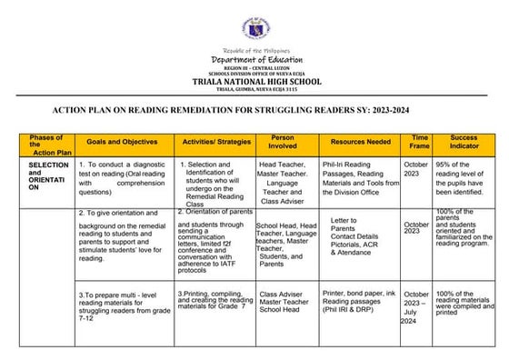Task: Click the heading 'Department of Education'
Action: pyautogui.click(x=255, y=59)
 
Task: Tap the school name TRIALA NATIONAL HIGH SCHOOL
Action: pyautogui.click(x=255, y=82)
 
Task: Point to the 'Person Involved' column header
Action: pyautogui.click(x=283, y=142)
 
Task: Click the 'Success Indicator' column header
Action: pyautogui.click(x=464, y=142)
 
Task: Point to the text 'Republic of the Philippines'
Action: pyautogui.click(x=255, y=49)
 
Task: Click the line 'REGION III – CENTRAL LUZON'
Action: pyautogui.click(x=255, y=68)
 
